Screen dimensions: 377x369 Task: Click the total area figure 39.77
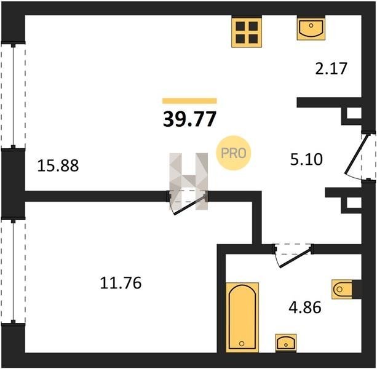pos(189,119)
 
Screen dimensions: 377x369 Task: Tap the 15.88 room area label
pos(58,165)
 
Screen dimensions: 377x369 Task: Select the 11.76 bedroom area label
pos(121,283)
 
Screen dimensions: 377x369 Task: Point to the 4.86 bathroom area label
pos(305,307)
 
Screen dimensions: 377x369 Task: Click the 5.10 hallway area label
pos(306,159)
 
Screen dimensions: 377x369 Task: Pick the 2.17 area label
pos(331,68)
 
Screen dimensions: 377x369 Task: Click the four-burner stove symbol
pos(247,31)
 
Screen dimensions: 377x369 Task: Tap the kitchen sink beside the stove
pos(311,28)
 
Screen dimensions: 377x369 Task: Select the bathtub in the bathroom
pos(242,317)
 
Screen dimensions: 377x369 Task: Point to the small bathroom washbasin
pos(286,343)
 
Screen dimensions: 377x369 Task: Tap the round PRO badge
pos(233,153)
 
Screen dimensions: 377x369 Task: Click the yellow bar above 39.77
pos(189,101)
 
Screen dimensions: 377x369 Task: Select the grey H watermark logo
pos(188,181)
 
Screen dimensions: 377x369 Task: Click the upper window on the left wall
pos(14,95)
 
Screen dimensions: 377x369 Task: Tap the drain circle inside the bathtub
pos(242,344)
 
